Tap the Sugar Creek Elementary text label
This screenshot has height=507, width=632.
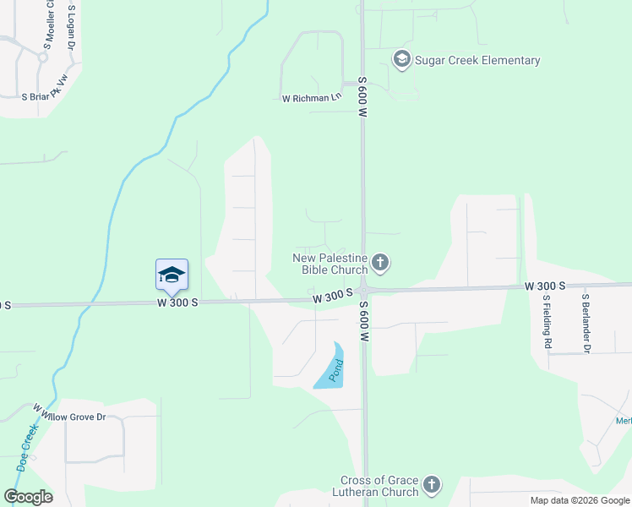[477, 60]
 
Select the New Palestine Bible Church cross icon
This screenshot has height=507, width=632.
[380, 263]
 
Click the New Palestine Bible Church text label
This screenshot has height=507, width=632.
[330, 264]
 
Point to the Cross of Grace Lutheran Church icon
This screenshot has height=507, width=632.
[431, 485]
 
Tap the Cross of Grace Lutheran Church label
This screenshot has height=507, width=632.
[379, 486]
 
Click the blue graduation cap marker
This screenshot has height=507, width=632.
[172, 275]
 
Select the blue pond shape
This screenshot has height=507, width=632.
[331, 367]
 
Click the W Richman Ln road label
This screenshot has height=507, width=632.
[311, 98]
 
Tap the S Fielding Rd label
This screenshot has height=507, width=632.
[547, 322]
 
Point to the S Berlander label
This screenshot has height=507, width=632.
[584, 322]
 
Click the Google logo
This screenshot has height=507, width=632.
[28, 496]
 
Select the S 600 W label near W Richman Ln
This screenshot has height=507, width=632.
[362, 101]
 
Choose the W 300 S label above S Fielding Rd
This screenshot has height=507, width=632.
[544, 287]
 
